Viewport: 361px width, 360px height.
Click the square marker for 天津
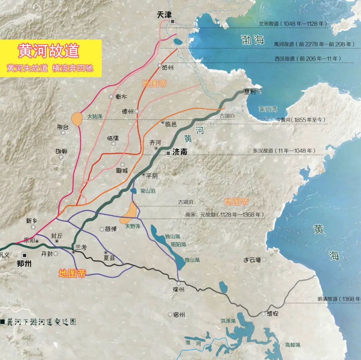172,21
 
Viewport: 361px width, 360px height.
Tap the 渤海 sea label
253,40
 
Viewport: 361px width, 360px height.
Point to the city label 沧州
168,67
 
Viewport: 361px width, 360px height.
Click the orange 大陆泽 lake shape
77,119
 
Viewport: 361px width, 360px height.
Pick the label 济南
180,152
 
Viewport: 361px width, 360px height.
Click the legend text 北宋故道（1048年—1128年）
293,24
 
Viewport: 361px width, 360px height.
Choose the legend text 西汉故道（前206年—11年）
308,59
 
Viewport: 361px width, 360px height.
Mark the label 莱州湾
268,109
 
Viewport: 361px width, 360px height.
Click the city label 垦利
250,92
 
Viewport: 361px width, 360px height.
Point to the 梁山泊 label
148,191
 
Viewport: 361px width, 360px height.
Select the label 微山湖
192,260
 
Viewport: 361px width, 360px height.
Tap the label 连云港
253,260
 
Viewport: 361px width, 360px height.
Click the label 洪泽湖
228,321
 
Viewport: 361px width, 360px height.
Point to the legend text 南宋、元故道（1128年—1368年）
224,214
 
